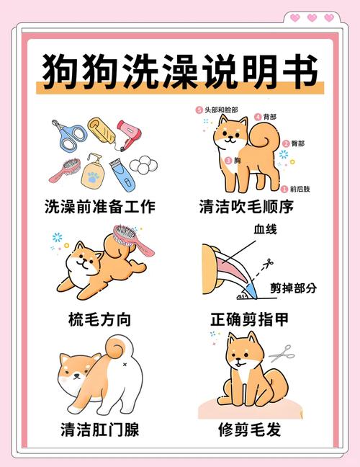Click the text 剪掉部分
[x=293, y=288]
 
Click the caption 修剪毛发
[x=249, y=430]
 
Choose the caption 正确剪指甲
[x=249, y=319]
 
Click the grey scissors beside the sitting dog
[x=283, y=352]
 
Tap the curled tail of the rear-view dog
[x=117, y=350]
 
